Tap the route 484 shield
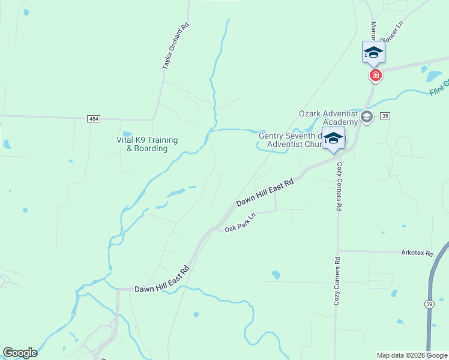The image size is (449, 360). [x=93, y=119]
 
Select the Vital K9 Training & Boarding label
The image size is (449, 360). [x=147, y=144]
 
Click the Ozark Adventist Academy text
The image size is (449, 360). [x=329, y=118]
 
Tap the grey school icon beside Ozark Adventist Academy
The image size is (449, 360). [x=367, y=116]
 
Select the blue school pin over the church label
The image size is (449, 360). [x=333, y=139]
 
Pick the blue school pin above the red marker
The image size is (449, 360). [x=373, y=52]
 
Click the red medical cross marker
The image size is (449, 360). [x=376, y=75]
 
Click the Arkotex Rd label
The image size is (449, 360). [x=417, y=253]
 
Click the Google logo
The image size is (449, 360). [x=20, y=353]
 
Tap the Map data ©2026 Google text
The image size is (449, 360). [x=412, y=355]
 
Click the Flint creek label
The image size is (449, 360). [x=439, y=88]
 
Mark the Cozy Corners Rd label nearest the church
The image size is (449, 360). [x=339, y=186]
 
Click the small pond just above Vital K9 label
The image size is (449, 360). [x=127, y=133]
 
